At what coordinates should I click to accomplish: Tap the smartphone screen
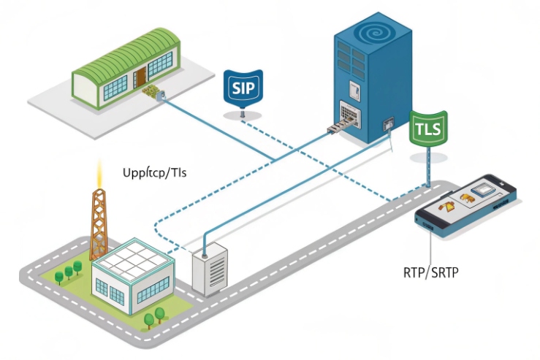(471, 198)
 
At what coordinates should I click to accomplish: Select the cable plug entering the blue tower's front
(332, 130)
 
